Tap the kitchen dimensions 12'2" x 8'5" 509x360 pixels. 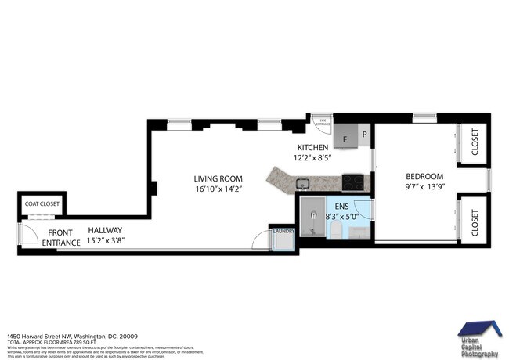coord(312,157)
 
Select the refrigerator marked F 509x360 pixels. coord(345,138)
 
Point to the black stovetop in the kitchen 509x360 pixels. coord(354,182)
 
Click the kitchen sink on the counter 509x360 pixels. coord(302,185)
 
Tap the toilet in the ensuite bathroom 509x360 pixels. coord(333,230)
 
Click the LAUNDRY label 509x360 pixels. coord(283,231)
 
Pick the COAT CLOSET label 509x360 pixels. coord(42,204)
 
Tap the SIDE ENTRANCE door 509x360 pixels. coord(322,124)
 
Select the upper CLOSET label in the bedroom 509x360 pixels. coord(475,142)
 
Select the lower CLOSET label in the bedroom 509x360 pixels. coord(475,221)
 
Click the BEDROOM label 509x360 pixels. coord(424,176)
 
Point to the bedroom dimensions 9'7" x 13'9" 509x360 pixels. coord(424,188)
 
